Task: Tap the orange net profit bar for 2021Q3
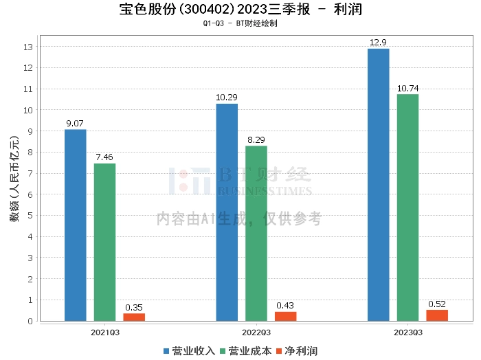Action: click(134, 317)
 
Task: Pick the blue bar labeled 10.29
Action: click(227, 212)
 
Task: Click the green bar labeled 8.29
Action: click(256, 234)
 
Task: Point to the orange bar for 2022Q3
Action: click(286, 316)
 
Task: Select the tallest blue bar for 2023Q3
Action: click(378, 185)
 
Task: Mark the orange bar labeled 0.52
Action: click(437, 315)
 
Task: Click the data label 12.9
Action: click(378, 43)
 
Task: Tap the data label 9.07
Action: click(76, 124)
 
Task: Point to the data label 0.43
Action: click(286, 306)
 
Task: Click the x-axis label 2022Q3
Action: click(256, 332)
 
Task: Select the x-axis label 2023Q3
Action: click(407, 332)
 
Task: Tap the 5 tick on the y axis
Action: click(30, 216)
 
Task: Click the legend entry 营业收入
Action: click(190, 351)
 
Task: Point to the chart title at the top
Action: click(240, 10)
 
